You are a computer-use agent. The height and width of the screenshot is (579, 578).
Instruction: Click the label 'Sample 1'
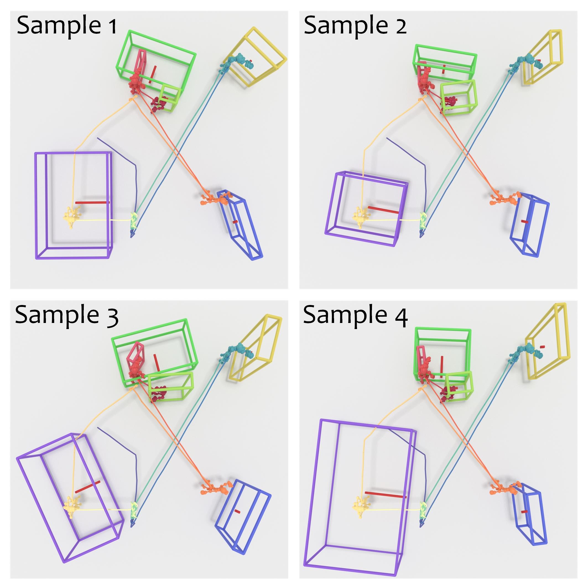pyautogui.click(x=67, y=26)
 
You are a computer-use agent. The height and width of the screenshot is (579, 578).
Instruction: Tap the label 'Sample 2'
pyautogui.click(x=355, y=26)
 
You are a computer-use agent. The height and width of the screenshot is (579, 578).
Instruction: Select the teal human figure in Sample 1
pyautogui.click(x=237, y=61)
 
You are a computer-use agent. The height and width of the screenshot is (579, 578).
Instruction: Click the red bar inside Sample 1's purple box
pyautogui.click(x=92, y=203)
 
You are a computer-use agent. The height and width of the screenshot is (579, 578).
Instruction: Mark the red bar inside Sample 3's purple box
pyautogui.click(x=88, y=487)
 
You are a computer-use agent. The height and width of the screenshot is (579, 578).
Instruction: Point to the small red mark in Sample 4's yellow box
pyautogui.click(x=542, y=347)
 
